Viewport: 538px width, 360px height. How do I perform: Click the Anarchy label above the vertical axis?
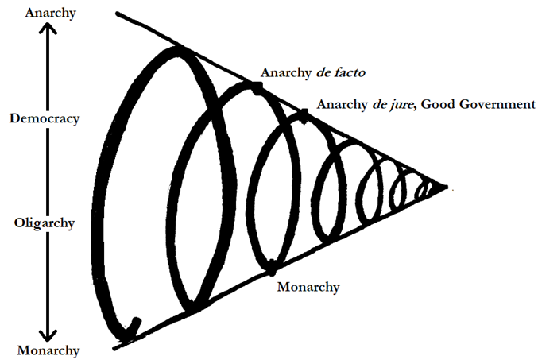point(50,13)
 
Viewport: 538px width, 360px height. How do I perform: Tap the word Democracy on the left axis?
point(45,118)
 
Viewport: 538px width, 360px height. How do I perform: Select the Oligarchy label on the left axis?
point(45,223)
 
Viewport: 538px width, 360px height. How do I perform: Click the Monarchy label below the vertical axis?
point(48,350)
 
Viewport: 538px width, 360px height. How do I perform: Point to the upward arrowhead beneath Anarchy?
point(48,28)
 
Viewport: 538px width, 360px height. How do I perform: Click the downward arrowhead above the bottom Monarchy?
point(48,335)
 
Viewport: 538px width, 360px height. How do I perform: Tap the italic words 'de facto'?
point(340,72)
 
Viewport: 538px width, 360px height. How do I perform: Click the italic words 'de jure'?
point(393,104)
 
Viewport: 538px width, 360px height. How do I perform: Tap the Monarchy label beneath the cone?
point(308,287)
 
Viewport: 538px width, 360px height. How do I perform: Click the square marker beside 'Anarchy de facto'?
point(257,88)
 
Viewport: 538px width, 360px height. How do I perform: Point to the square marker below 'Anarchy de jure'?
point(304,116)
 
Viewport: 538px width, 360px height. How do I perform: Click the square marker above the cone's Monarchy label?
point(272,268)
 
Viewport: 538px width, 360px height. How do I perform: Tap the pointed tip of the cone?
point(447,187)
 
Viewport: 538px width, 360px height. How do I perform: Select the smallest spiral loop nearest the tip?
point(423,191)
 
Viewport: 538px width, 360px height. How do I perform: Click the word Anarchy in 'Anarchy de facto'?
point(286,72)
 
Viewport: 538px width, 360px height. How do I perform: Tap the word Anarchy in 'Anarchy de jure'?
point(342,104)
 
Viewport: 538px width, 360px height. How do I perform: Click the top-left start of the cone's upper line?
point(118,14)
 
